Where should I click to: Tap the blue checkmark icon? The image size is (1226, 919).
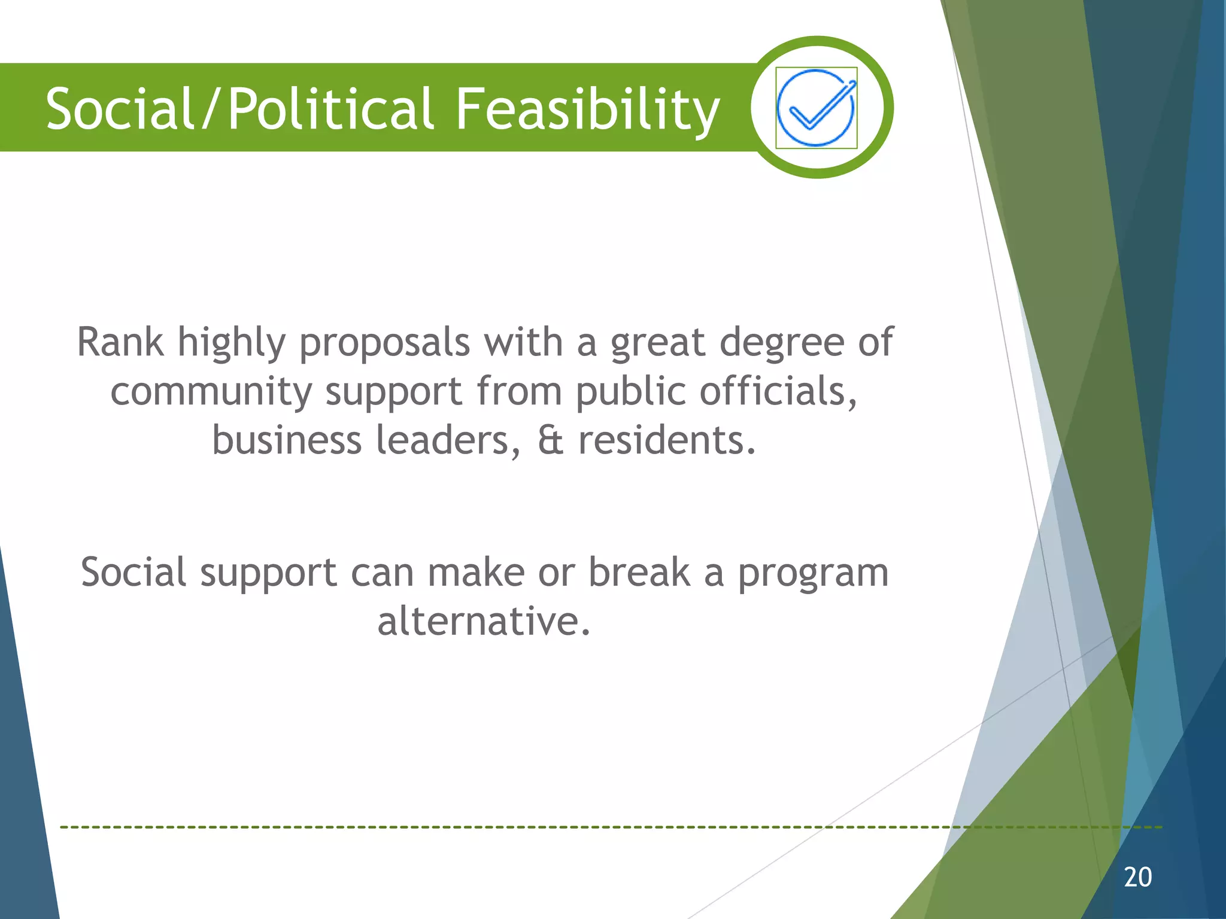click(816, 108)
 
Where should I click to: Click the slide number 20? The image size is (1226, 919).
click(1137, 877)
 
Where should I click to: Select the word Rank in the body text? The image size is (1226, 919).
click(120, 342)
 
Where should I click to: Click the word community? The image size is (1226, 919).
click(211, 392)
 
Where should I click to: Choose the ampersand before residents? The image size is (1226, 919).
click(550, 440)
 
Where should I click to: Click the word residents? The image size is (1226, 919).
click(667, 440)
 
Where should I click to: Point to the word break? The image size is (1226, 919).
click(639, 572)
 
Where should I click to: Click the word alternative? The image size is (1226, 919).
click(484, 621)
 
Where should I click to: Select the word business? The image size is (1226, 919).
click(287, 440)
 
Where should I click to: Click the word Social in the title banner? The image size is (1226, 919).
click(120, 109)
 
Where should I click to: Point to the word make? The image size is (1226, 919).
click(476, 572)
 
